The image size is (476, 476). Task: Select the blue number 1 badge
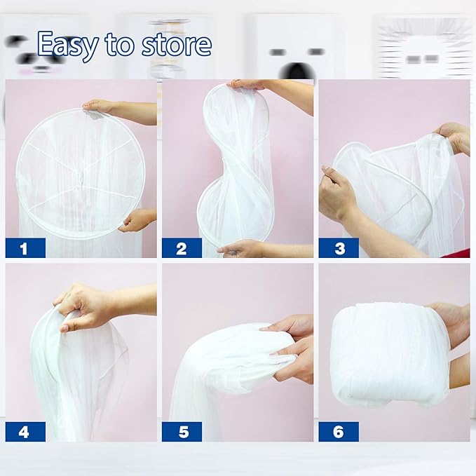(25, 248)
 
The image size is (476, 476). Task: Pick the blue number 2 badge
(182, 248)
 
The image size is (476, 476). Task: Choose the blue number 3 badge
(338, 248)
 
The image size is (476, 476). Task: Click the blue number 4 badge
(25, 431)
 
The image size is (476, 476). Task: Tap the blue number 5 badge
(182, 431)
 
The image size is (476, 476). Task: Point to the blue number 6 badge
(338, 431)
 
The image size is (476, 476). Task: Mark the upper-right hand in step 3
(452, 136)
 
